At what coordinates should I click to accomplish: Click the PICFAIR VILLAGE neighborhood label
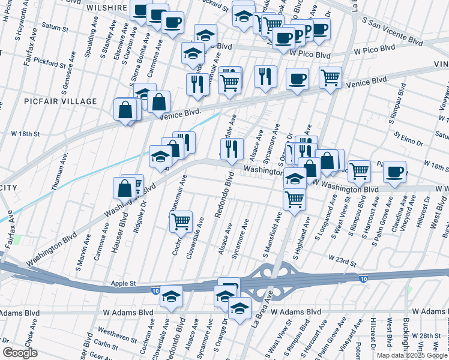[x=60, y=102]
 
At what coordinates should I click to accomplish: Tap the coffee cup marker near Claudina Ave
[x=394, y=172]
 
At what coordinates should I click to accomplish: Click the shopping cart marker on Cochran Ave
[x=181, y=221]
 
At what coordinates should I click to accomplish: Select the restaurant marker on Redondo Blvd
[x=231, y=148]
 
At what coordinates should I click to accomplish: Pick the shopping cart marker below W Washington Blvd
[x=294, y=198]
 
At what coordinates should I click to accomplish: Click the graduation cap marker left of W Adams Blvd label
[x=171, y=297]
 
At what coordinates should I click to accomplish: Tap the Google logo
[x=20, y=353]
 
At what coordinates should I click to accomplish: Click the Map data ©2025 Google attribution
[x=412, y=355]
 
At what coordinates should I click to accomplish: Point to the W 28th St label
[x=430, y=335]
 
